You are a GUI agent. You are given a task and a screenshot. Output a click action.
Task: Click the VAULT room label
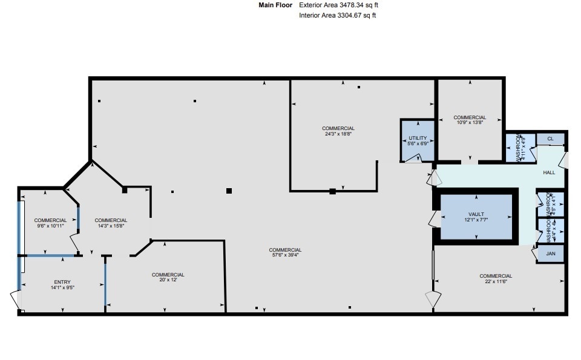(476, 214)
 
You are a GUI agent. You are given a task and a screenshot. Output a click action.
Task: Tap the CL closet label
(550, 139)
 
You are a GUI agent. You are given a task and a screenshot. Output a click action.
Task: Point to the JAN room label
(550, 254)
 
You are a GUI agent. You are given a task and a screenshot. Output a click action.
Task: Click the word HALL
(549, 172)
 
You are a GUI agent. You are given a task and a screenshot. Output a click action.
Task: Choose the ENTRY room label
(62, 282)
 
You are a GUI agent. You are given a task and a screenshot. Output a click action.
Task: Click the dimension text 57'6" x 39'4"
(285, 255)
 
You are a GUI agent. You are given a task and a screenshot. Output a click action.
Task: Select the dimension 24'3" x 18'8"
(338, 134)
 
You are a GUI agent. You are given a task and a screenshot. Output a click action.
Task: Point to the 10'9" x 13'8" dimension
(470, 123)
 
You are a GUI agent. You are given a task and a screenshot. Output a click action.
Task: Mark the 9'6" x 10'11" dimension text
(50, 226)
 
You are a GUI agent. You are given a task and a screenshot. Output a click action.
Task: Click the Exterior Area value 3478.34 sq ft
(339, 5)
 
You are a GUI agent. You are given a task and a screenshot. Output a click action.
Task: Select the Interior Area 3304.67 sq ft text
(338, 15)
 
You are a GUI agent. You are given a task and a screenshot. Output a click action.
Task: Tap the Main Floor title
(275, 5)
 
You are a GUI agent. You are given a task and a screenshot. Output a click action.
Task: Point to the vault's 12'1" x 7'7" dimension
(476, 220)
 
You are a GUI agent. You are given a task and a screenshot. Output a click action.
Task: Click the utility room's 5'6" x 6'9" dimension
(418, 144)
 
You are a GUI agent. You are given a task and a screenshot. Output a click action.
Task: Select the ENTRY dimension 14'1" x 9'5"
(62, 287)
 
